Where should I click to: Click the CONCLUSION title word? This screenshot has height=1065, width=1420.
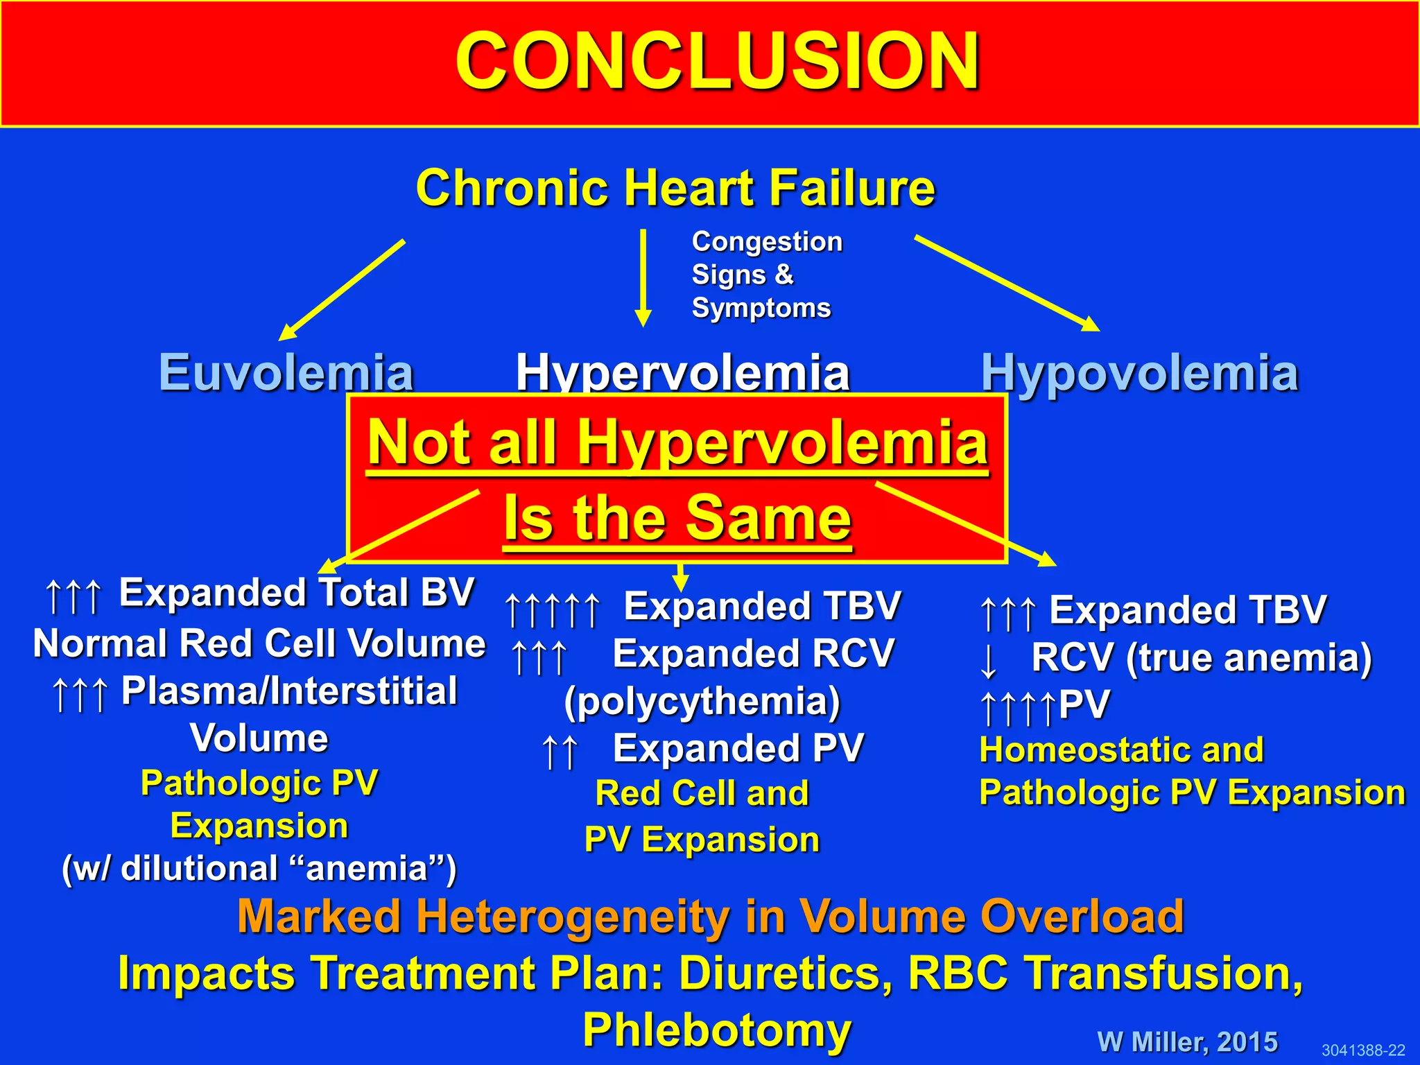717,62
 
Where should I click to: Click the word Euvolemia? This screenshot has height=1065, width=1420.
286,373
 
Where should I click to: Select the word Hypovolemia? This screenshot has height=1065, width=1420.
1139,373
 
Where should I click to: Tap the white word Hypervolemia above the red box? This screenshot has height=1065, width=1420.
683,373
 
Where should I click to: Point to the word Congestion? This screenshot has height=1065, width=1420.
767,242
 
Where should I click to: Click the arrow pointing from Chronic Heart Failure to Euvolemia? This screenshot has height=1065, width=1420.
342,290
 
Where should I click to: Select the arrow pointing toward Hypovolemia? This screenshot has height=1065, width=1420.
1007,283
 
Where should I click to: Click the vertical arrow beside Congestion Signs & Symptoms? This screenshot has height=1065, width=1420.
643,277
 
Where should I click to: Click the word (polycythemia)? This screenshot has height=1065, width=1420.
702,702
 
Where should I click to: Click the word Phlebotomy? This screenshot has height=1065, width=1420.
717,1030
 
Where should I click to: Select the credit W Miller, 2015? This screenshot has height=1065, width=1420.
1187,1042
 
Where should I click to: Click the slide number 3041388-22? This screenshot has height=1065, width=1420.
1362,1050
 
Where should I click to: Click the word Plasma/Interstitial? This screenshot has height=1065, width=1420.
289,691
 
